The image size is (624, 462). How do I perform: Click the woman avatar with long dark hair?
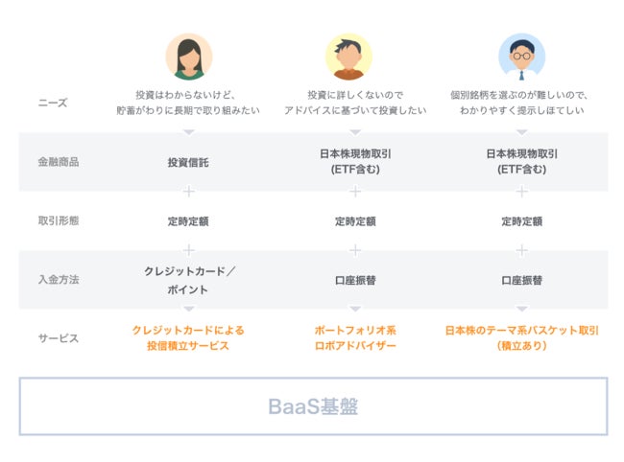pos(188,57)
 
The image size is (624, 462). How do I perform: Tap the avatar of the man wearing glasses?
pos(521,57)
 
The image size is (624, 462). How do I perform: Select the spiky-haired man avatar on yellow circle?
pos(348,57)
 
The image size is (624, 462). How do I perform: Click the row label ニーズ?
pos(53,103)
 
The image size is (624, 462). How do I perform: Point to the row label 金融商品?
pos(59,162)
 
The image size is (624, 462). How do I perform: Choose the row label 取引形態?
pos(59,220)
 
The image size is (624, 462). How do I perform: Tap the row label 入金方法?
pos(59,279)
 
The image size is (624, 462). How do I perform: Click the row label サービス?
pos(59,338)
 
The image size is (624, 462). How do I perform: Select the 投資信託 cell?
pos(188,162)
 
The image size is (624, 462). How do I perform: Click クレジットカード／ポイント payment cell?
pos(188,280)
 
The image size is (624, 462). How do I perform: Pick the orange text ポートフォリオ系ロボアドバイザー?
pos(355,337)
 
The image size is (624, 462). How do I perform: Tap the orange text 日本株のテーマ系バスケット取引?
pos(521,330)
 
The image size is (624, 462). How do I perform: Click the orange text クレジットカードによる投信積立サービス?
pos(188,337)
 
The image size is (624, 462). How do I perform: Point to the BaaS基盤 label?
pos(313,406)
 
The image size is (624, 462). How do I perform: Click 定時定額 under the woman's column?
pos(188,220)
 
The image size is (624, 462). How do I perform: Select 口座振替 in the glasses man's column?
pos(521,280)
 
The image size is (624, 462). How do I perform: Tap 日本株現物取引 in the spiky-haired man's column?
pos(355,153)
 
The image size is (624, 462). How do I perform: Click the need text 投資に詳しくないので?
pos(355,95)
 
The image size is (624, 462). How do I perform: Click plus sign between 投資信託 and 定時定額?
pos(188,192)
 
